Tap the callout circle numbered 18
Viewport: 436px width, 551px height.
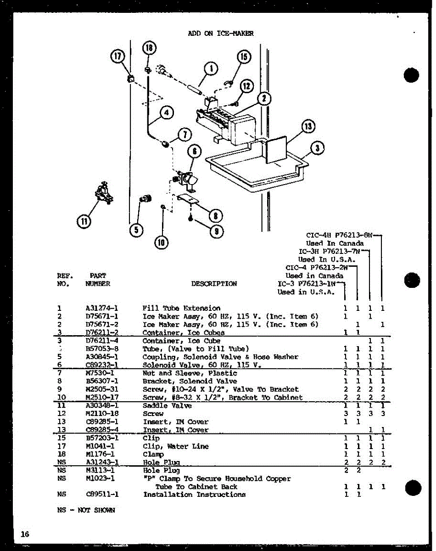click(149, 48)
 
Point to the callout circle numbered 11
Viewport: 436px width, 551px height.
click(84, 222)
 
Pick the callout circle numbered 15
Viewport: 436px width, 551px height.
click(244, 56)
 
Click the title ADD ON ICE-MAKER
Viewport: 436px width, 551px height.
click(221, 33)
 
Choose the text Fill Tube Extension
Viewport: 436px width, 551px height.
click(181, 308)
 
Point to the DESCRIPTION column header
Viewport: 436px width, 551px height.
click(214, 284)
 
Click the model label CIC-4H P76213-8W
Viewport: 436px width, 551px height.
click(339, 235)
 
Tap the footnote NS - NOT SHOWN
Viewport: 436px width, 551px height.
click(86, 510)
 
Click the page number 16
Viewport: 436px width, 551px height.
click(25, 534)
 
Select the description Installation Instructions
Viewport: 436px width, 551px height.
click(194, 495)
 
